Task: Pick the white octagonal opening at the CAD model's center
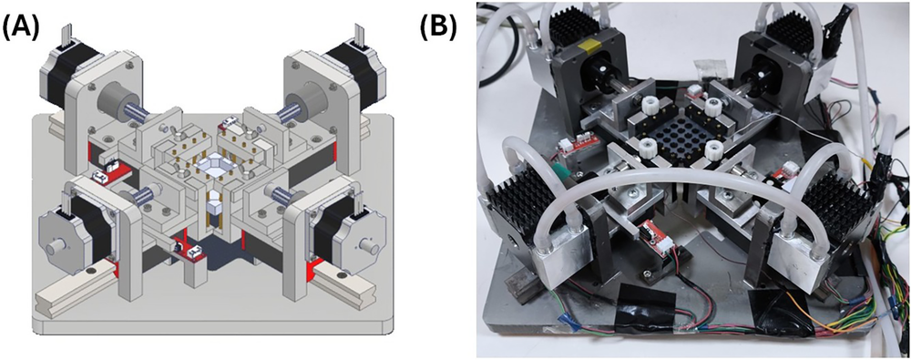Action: (x=212, y=165)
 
